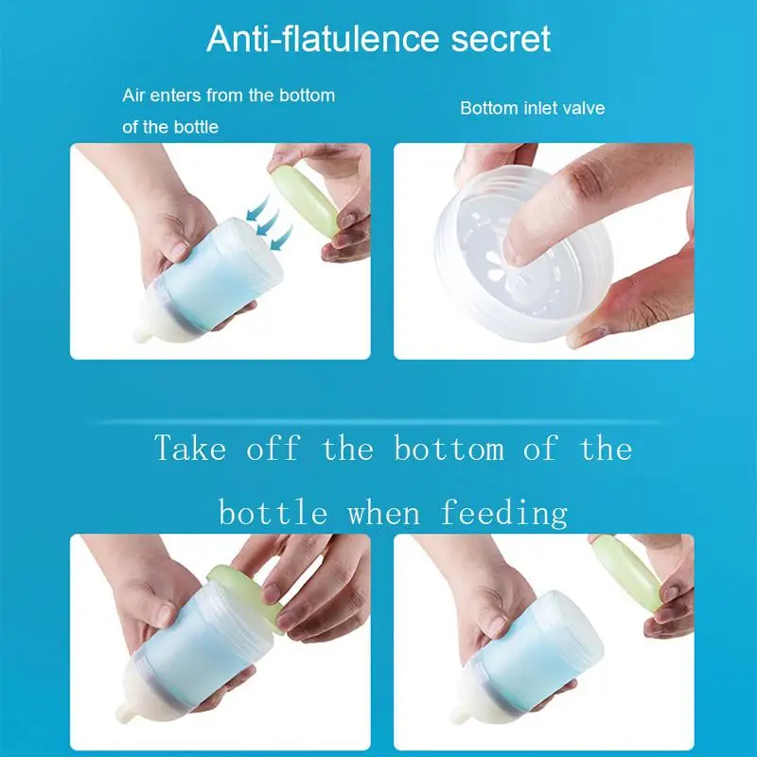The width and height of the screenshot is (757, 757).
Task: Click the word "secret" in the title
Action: click(501, 39)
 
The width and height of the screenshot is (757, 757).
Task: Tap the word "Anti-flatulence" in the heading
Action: click(323, 39)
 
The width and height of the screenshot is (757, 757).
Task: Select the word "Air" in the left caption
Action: click(133, 96)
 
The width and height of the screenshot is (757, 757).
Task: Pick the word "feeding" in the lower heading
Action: click(503, 512)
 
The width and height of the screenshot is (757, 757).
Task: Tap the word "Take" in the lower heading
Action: click(190, 448)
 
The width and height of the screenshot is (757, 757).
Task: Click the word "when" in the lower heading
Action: click(384, 513)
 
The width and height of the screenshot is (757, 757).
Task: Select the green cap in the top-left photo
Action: click(305, 200)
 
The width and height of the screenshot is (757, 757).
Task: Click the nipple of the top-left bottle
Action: click(142, 334)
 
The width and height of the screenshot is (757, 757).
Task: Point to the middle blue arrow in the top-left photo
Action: click(268, 222)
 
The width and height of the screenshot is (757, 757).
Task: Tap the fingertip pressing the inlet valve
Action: click(514, 252)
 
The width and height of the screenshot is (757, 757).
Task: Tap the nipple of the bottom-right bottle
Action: click(459, 715)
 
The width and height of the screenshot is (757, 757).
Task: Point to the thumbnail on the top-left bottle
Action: click(179, 251)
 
